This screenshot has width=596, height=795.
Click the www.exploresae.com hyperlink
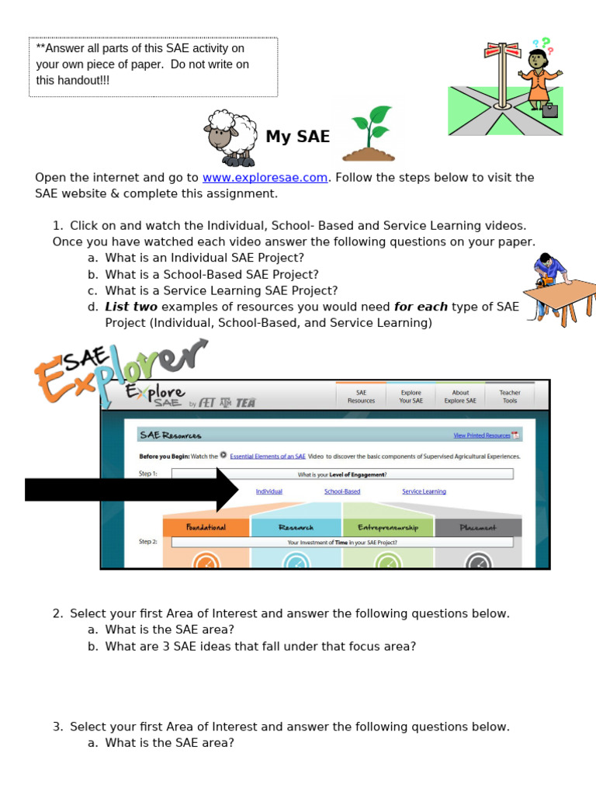point(265,178)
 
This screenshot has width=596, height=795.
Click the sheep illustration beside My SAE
point(230,137)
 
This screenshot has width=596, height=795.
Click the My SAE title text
point(297,137)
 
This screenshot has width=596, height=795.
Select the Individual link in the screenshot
point(269,491)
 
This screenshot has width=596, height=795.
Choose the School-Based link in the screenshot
point(342,491)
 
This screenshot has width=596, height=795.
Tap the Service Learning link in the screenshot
point(424,491)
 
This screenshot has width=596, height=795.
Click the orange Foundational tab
point(206,528)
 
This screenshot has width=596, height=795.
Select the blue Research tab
point(295,528)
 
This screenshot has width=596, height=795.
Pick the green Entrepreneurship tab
point(387,528)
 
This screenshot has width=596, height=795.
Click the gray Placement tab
point(478,528)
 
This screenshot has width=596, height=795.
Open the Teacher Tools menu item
point(510,397)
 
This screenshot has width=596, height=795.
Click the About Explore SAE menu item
point(460,397)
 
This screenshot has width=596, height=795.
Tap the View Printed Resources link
point(482,436)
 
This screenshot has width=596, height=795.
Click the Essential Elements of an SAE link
point(268,457)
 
